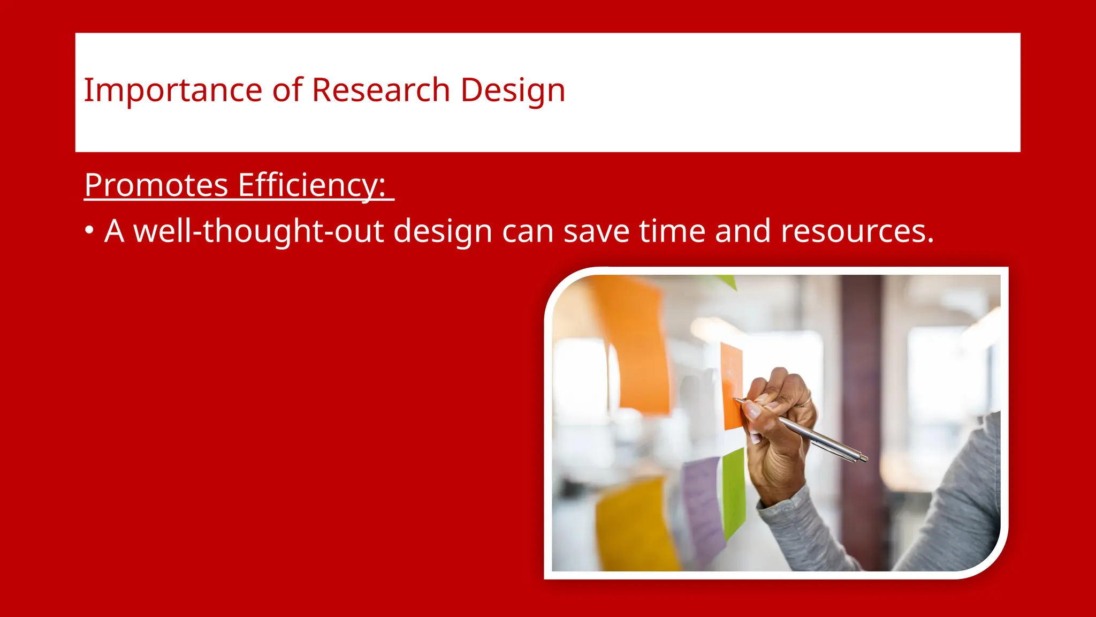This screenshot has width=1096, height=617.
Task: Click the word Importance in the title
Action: (172, 90)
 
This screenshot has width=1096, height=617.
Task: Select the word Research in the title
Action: (380, 90)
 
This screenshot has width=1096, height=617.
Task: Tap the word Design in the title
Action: (512, 90)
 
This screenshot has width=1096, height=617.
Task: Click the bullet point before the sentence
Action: (89, 231)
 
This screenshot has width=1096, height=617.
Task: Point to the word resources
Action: (856, 231)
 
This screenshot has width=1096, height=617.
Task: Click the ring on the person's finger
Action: (804, 402)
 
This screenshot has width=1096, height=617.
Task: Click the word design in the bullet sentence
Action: (443, 231)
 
